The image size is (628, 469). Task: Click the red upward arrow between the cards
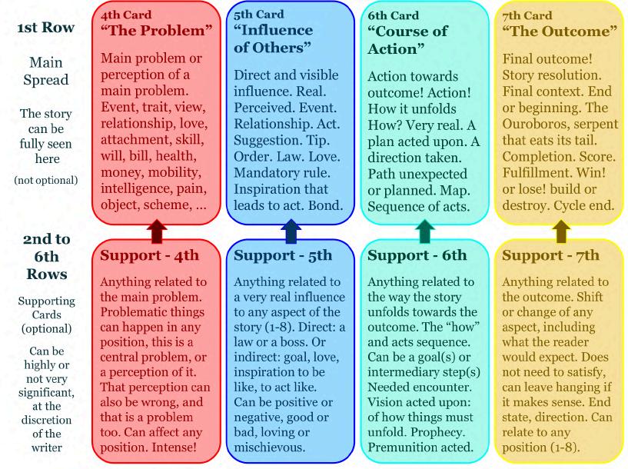[157, 231]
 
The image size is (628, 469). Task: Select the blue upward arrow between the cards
[291, 231]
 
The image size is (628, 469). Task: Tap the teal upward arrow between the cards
[425, 231]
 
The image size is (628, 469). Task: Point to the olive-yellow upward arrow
[560, 231]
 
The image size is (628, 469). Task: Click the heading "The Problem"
[156, 31]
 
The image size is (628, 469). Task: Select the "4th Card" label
[126, 15]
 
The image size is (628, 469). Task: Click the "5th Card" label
[260, 15]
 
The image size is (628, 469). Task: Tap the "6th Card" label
[394, 15]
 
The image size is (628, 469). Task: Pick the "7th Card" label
[528, 15]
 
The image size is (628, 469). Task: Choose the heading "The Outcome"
[560, 31]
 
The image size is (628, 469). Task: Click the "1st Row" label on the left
[45, 28]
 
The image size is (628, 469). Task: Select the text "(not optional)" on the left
[45, 180]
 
